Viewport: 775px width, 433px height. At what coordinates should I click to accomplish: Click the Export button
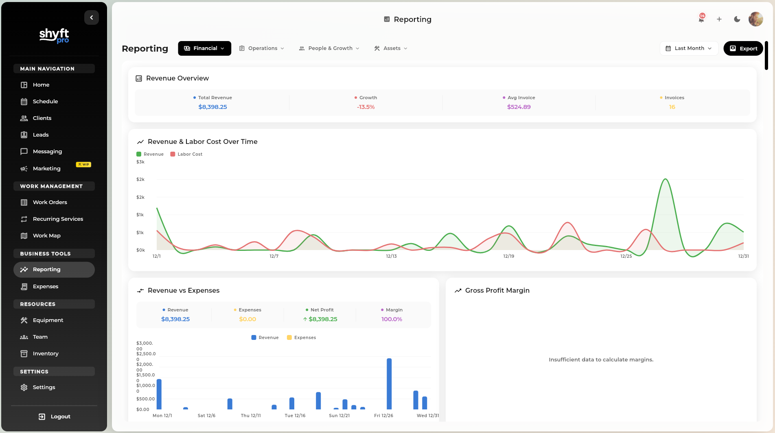point(743,48)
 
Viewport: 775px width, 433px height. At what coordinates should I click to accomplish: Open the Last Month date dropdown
point(689,48)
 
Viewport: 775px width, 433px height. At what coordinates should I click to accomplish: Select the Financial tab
point(204,48)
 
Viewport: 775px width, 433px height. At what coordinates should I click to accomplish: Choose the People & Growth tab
point(329,48)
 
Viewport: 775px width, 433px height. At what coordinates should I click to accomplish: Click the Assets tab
point(391,48)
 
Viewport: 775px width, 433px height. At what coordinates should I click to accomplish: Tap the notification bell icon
point(701,19)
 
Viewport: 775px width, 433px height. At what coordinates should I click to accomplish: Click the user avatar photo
point(755,19)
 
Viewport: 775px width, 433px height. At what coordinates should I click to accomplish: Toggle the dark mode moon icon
point(737,19)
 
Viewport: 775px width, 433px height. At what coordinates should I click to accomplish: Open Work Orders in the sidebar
point(50,202)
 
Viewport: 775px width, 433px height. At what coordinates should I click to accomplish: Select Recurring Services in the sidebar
point(58,219)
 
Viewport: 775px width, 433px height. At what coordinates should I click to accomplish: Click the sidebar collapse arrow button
point(92,17)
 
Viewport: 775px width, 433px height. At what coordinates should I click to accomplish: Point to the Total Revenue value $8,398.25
point(212,107)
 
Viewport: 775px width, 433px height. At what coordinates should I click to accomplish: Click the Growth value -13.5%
point(366,107)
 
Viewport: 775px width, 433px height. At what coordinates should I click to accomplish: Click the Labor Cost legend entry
point(186,154)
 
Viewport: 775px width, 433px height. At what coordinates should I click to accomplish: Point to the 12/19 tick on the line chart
point(508,256)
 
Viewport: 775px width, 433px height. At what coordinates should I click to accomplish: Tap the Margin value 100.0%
point(392,319)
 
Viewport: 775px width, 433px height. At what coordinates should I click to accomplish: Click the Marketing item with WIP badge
point(47,168)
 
